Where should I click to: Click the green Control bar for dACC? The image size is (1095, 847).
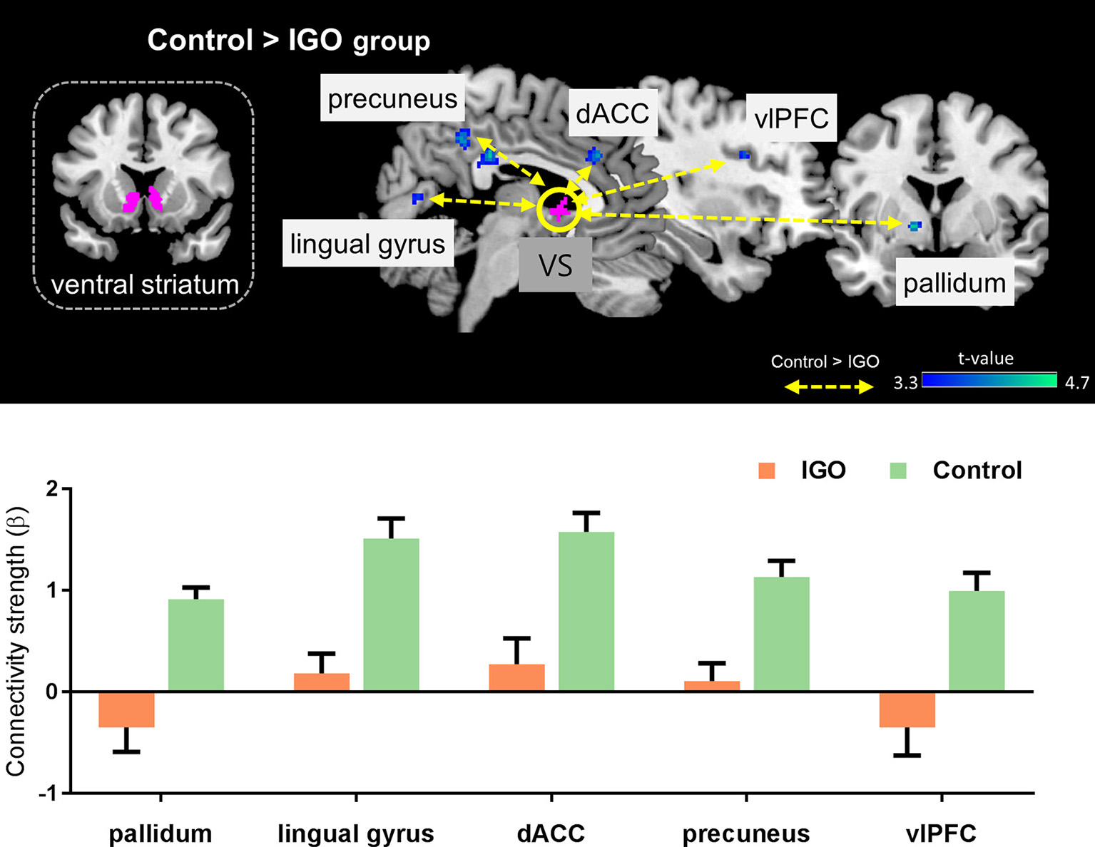(586, 612)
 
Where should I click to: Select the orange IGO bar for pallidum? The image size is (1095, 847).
(126, 709)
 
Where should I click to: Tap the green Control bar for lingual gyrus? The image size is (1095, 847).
(391, 615)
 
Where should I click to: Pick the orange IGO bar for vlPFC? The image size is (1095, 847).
(907, 709)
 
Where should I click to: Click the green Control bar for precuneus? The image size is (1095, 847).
(781, 634)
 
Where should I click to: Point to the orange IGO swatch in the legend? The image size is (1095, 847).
(767, 471)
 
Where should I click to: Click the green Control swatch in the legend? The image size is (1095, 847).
(898, 471)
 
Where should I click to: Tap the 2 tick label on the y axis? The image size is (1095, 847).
(51, 489)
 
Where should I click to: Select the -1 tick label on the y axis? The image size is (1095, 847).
(48, 793)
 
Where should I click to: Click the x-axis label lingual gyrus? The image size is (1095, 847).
(356, 833)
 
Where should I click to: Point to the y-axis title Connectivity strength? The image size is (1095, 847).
(16, 642)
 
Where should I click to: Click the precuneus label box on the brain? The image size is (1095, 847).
(392, 98)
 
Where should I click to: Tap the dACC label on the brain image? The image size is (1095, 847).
(612, 113)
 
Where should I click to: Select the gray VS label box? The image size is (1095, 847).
(555, 265)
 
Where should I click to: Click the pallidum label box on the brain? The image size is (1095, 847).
(954, 284)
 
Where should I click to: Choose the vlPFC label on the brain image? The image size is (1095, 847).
(791, 118)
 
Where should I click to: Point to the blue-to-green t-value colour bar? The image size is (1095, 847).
(988, 379)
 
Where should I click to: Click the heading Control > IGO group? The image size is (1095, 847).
(288, 40)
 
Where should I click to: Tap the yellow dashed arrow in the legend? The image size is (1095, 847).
(829, 387)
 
